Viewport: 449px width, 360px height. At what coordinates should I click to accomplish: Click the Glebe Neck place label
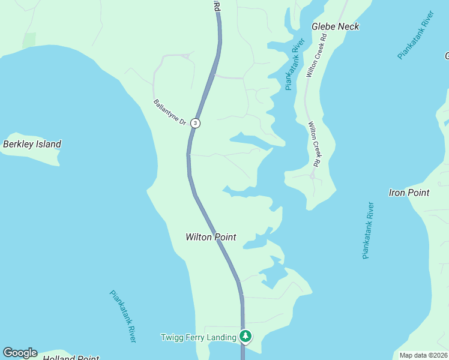336,26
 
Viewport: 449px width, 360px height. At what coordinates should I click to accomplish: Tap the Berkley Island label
32,144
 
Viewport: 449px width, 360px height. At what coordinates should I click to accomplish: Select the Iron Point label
409,193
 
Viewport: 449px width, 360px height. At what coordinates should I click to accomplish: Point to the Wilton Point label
211,237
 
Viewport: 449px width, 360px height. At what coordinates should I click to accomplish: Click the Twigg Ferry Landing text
198,337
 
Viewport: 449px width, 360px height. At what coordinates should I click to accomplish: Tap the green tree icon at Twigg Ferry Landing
245,337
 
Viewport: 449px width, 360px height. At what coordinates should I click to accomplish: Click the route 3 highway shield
195,123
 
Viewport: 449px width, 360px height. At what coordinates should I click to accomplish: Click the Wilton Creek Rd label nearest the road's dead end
315,144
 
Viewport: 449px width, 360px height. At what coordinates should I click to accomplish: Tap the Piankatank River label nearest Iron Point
369,230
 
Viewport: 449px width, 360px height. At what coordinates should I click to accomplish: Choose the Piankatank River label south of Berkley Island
123,316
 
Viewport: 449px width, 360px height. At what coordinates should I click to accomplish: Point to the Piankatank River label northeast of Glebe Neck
415,35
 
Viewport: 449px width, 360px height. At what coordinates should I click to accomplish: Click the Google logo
20,353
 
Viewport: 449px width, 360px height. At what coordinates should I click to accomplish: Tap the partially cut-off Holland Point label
71,358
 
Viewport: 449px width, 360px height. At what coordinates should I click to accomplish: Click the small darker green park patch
29,40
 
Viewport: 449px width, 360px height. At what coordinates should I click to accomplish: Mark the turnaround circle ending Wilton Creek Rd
312,176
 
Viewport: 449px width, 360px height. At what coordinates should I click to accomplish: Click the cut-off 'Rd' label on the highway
217,5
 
